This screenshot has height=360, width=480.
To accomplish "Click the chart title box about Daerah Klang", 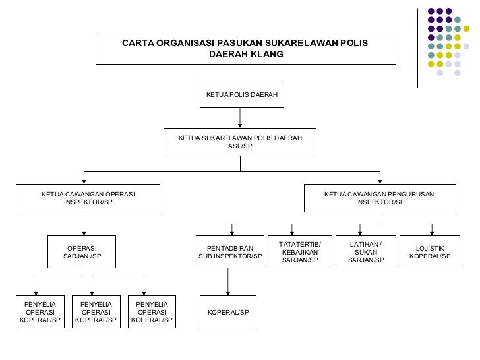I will (245, 48).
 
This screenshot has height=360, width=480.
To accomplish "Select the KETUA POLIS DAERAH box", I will (240, 95).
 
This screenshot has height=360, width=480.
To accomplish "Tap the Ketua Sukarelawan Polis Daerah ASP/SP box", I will (240, 142).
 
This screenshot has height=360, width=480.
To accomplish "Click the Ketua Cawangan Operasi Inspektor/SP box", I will (88, 198).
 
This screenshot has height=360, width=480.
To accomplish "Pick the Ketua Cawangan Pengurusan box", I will (379, 198).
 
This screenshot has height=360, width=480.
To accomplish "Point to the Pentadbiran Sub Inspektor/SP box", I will (230, 252).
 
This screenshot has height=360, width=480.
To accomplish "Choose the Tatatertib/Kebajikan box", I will (299, 252).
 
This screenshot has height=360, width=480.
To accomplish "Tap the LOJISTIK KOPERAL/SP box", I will (430, 252).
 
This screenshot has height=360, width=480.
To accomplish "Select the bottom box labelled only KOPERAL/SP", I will (228, 311).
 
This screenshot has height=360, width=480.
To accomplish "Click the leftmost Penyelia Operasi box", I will (40, 311).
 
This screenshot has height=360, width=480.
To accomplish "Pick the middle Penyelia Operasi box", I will (96, 311).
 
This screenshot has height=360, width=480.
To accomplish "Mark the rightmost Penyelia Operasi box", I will (152, 311).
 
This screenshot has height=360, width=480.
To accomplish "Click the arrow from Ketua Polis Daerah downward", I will (240, 117).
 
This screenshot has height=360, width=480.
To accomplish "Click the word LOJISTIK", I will (430, 248).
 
